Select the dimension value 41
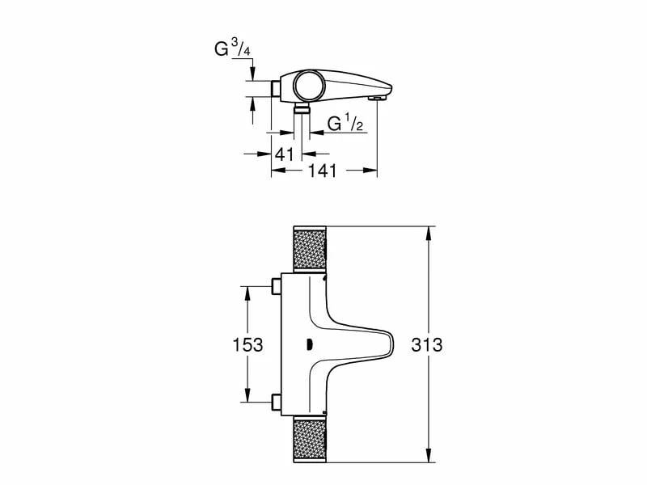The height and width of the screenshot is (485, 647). click(x=283, y=154)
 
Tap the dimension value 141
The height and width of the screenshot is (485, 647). click(x=321, y=171)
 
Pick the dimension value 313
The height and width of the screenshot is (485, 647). click(x=426, y=344)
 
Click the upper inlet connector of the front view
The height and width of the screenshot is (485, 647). click(x=277, y=286)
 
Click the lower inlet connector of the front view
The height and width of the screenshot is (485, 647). click(x=277, y=402)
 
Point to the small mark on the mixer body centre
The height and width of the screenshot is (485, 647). click(x=310, y=344)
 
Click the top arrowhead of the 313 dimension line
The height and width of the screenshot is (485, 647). click(x=429, y=231)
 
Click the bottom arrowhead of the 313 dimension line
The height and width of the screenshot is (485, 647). click(x=429, y=458)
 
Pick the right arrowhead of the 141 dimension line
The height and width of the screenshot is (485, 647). click(x=374, y=171)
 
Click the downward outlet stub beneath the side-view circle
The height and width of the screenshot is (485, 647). click(x=302, y=108)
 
